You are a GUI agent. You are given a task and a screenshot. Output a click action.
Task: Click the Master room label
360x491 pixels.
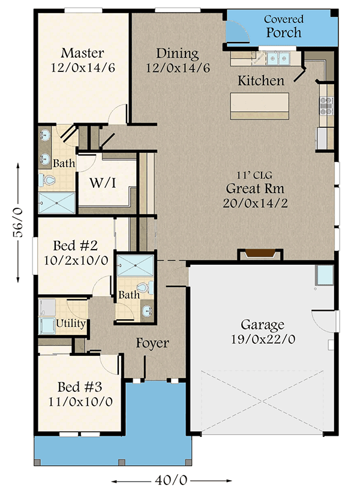click(x=82, y=53)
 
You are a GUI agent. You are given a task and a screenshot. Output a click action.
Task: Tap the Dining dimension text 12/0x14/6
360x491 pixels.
click(x=178, y=68)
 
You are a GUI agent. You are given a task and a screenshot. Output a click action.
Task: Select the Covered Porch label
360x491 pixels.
click(x=284, y=26)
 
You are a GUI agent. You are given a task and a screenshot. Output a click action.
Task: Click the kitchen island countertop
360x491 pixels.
click(x=260, y=106)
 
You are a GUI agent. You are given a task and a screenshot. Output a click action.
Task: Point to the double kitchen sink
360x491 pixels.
click(x=278, y=59)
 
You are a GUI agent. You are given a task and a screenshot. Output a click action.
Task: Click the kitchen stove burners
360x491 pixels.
click(x=326, y=106)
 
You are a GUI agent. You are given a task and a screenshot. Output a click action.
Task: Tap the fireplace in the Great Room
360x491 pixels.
click(x=260, y=254)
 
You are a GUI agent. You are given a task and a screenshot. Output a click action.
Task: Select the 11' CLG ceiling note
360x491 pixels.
click(x=254, y=175)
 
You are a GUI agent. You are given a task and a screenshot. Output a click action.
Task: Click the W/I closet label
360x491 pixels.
click(x=103, y=183)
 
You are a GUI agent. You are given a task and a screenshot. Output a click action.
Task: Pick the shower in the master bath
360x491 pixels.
click(x=56, y=203)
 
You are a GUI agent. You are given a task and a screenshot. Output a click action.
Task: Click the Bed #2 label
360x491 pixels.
click(x=76, y=245)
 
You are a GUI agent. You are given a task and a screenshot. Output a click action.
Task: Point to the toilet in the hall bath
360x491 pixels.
click(x=145, y=287)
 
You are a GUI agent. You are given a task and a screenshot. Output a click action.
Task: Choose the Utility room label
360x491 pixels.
click(x=71, y=323)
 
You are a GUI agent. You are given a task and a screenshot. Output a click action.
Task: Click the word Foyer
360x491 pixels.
click(x=152, y=343)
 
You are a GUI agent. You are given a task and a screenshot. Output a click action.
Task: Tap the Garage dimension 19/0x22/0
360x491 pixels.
click(x=263, y=339)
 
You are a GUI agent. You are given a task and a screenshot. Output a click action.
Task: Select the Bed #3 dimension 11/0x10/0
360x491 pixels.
click(x=80, y=402)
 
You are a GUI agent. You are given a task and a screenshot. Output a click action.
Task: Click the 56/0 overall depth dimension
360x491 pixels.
click(x=18, y=222)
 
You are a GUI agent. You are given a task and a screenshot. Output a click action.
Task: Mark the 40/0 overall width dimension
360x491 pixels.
click(x=171, y=480)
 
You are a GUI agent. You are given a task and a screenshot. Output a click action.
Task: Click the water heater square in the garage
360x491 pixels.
click(x=325, y=275)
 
